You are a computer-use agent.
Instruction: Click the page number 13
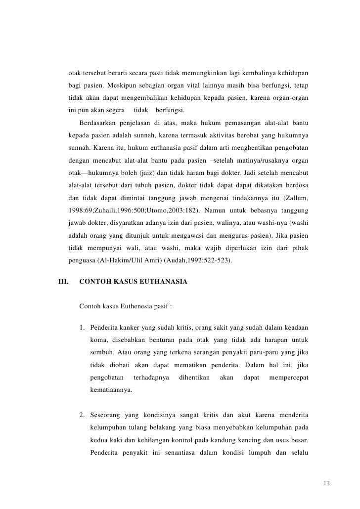(x=325, y=482)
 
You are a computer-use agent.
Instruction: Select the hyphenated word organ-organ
(x=292, y=98)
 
